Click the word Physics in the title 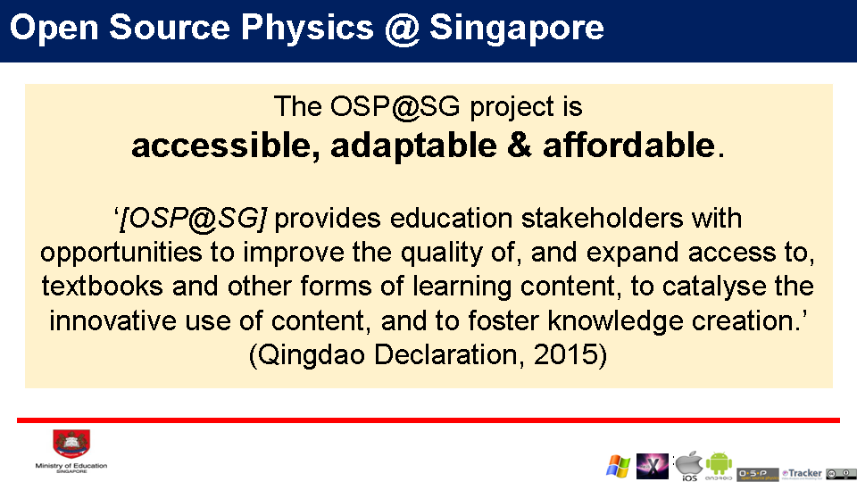[307, 28]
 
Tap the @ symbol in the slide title [402, 29]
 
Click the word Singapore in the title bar [517, 29]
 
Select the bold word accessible [226, 146]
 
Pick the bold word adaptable [413, 146]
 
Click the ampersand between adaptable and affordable [520, 145]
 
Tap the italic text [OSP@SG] [193, 219]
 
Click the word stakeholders [603, 218]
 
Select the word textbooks [102, 287]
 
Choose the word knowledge [615, 321]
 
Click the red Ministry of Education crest [71, 444]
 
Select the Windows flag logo [618, 466]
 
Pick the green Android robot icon [719, 463]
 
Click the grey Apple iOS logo [688, 463]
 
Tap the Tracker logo [802, 473]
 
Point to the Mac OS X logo [653, 466]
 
